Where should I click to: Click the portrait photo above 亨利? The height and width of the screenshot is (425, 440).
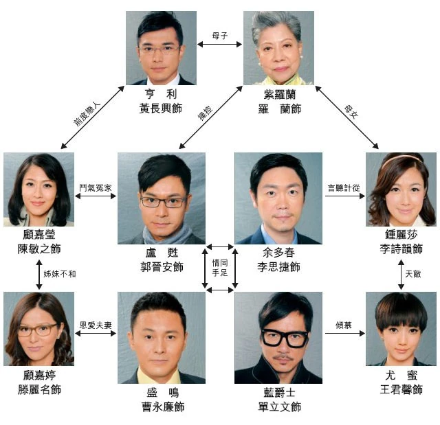[160, 48]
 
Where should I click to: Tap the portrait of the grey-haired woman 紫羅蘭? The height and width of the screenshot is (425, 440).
[278, 48]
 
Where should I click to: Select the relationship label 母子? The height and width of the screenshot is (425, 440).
[219, 34]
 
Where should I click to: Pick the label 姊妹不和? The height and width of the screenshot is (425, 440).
[60, 273]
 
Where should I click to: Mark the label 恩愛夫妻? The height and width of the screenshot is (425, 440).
[96, 325]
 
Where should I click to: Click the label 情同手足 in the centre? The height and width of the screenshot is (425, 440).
[220, 268]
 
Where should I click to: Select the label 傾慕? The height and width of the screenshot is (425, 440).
[343, 325]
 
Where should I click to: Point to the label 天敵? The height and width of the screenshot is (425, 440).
[414, 273]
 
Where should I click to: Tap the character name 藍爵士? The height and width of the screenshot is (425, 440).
[278, 393]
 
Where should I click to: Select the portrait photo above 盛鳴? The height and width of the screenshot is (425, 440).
[161, 337]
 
